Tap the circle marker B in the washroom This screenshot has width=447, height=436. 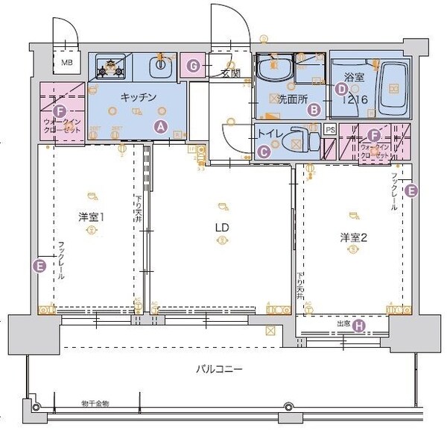[x=314, y=110]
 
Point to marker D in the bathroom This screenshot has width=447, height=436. [x=341, y=89]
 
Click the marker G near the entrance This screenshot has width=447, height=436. [x=194, y=66]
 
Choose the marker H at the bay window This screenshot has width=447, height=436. [x=358, y=325]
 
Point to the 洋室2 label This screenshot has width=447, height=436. [x=353, y=237]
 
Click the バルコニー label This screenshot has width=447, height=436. [x=219, y=369]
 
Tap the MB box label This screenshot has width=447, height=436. [x=67, y=64]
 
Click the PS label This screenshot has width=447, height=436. [x=330, y=129]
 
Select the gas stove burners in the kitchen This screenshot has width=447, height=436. [x=110, y=69]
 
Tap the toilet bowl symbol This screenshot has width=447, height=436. [x=299, y=140]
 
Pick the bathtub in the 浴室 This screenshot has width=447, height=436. [x=390, y=89]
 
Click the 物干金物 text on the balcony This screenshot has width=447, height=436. [x=95, y=404]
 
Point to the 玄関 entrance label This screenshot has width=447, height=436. [x=230, y=74]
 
